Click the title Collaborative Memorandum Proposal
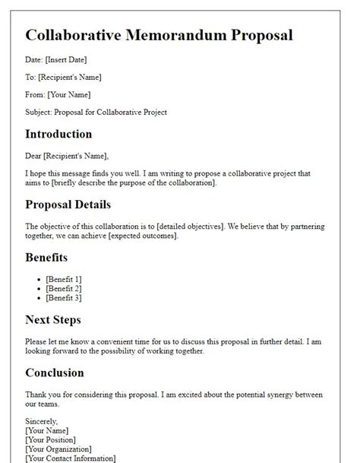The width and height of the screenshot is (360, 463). [x=159, y=35]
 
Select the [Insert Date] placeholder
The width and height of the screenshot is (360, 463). [x=68, y=59]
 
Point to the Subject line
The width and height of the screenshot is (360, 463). [x=96, y=113]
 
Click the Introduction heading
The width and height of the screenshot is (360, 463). [x=58, y=135]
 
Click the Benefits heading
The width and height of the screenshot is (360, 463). [x=46, y=258]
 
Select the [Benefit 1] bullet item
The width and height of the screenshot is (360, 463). [x=63, y=280]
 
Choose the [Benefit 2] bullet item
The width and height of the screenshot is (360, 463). [x=63, y=289]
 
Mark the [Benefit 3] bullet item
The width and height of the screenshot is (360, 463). [x=63, y=298]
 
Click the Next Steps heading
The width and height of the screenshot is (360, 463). [x=52, y=320]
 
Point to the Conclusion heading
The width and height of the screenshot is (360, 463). [x=55, y=373]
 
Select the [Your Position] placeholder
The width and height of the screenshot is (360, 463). [x=51, y=439]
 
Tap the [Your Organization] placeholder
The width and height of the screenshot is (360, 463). [x=58, y=449]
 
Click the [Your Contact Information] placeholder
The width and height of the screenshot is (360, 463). [x=71, y=458]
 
